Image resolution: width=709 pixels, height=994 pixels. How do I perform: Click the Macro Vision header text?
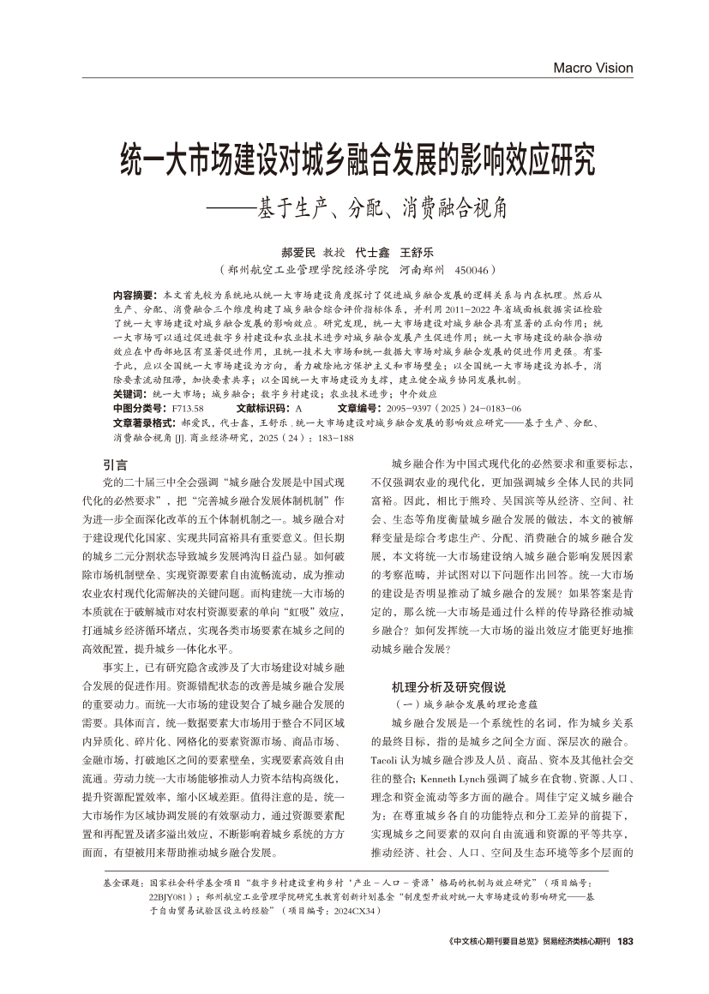592,68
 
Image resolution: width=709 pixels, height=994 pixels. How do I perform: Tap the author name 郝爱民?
299,253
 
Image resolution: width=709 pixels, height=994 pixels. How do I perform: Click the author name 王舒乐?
418,253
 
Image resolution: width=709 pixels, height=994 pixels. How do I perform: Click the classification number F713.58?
188,408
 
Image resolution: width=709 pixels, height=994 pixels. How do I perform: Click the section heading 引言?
115,464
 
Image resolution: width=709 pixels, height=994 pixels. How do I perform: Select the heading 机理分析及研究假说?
436,687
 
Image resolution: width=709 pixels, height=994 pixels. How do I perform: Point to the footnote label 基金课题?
123,881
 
